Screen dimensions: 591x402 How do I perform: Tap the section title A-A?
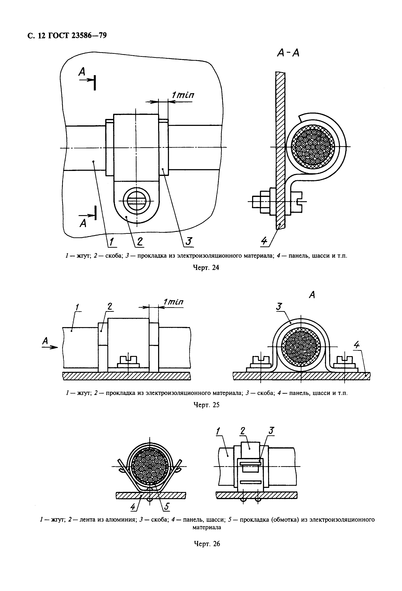pos(288,53)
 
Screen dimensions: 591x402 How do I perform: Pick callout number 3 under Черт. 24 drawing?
pos(188,241)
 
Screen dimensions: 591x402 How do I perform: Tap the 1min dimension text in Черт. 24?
pos(183,95)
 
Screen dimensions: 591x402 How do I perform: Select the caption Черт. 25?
pos(206,405)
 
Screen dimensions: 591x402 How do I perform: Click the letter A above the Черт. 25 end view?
pos(312,295)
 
